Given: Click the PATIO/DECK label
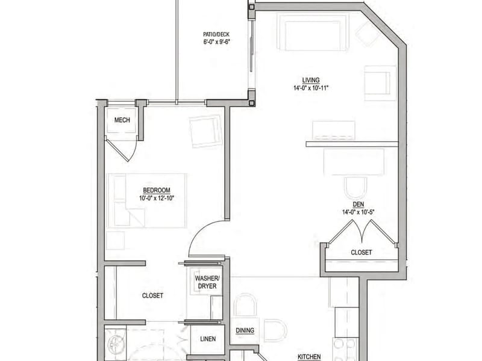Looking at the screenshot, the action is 216,34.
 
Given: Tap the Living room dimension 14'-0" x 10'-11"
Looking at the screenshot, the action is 311,88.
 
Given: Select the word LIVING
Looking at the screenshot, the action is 311,80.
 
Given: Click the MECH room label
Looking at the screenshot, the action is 122,120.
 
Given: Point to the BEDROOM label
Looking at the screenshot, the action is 157,190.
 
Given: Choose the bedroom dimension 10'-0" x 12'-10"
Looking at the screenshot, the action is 157,199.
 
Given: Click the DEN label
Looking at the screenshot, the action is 358,204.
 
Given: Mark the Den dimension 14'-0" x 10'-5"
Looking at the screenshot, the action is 358,212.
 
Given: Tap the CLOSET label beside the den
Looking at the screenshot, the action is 361,252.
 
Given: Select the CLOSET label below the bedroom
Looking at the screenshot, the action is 152,295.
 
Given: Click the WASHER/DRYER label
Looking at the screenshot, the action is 207,282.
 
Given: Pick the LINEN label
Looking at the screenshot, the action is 208,339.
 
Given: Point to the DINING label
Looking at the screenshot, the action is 245,330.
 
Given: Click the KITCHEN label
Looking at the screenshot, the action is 309,357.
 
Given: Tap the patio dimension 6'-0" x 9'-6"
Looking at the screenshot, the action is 216,42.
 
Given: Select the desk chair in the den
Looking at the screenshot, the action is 355,188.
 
